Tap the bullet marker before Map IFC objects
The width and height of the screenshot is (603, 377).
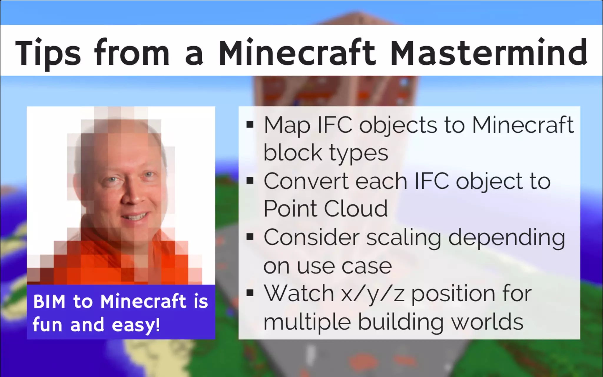250,125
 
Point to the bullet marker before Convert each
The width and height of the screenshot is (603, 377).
250,181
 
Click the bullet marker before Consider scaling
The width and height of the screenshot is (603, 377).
250,237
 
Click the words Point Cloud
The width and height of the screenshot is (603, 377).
325,209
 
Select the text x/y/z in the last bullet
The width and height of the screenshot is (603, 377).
373,294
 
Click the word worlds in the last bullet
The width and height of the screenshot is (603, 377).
487,322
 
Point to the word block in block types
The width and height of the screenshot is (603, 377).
293,153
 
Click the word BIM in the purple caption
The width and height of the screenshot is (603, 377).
49,302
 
